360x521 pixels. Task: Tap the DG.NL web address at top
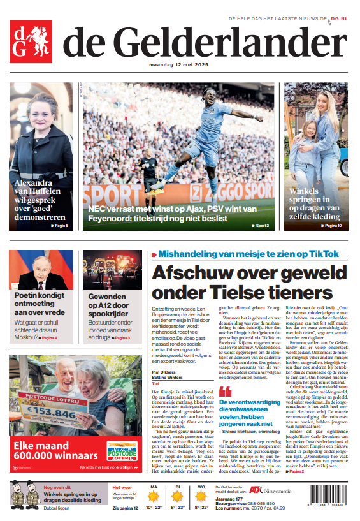(x=340, y=20)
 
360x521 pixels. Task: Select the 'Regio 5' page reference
(x=59, y=226)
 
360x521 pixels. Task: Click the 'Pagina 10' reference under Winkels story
(x=333, y=226)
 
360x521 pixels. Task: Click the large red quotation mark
(x=225, y=391)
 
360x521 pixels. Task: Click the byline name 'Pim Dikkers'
(x=164, y=372)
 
